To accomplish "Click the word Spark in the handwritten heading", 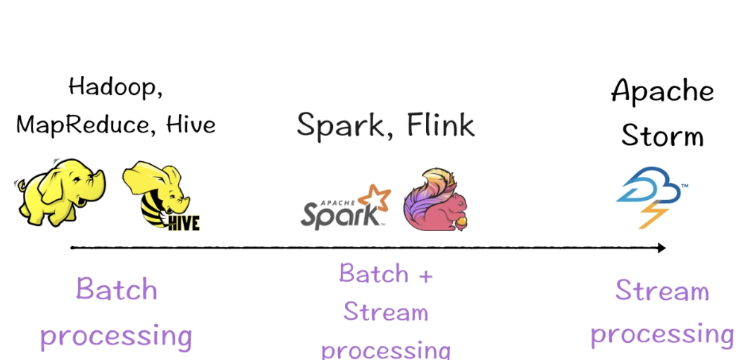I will click(341, 125).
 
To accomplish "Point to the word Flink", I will click(440, 125).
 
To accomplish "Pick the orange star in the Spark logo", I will click(374, 198).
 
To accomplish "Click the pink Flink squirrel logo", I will click(434, 201).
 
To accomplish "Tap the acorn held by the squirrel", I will click(461, 223).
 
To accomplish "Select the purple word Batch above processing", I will click(116, 290).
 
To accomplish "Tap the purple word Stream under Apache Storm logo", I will click(662, 291).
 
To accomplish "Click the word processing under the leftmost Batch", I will click(116, 337).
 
